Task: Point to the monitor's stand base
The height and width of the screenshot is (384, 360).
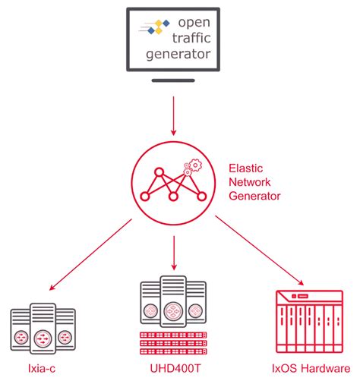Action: [175, 81]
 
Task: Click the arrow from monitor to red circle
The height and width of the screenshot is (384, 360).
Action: [174, 114]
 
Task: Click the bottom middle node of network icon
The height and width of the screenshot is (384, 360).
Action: [173, 197]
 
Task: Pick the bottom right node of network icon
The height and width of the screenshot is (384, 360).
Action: [202, 197]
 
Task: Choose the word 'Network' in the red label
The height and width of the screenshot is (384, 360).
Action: [248, 181]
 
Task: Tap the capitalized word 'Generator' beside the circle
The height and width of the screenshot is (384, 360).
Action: [254, 196]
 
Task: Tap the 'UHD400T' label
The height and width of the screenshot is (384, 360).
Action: [174, 370]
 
